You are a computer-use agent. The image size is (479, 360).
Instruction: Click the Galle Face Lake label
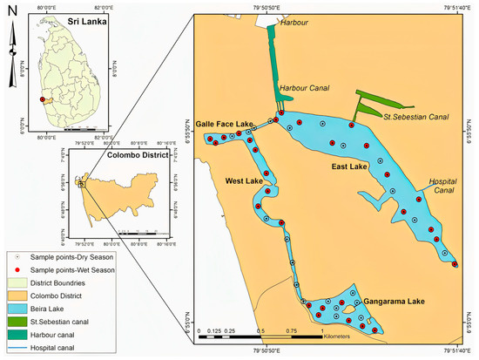click(224, 125)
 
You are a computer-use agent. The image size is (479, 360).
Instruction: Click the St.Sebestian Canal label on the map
click(412, 115)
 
